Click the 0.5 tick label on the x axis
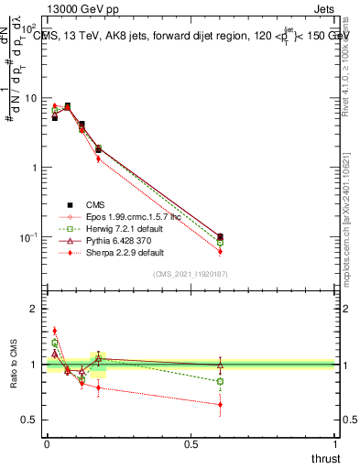point(191,444)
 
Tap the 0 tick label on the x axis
point(47,444)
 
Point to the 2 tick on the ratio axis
point(36,309)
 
